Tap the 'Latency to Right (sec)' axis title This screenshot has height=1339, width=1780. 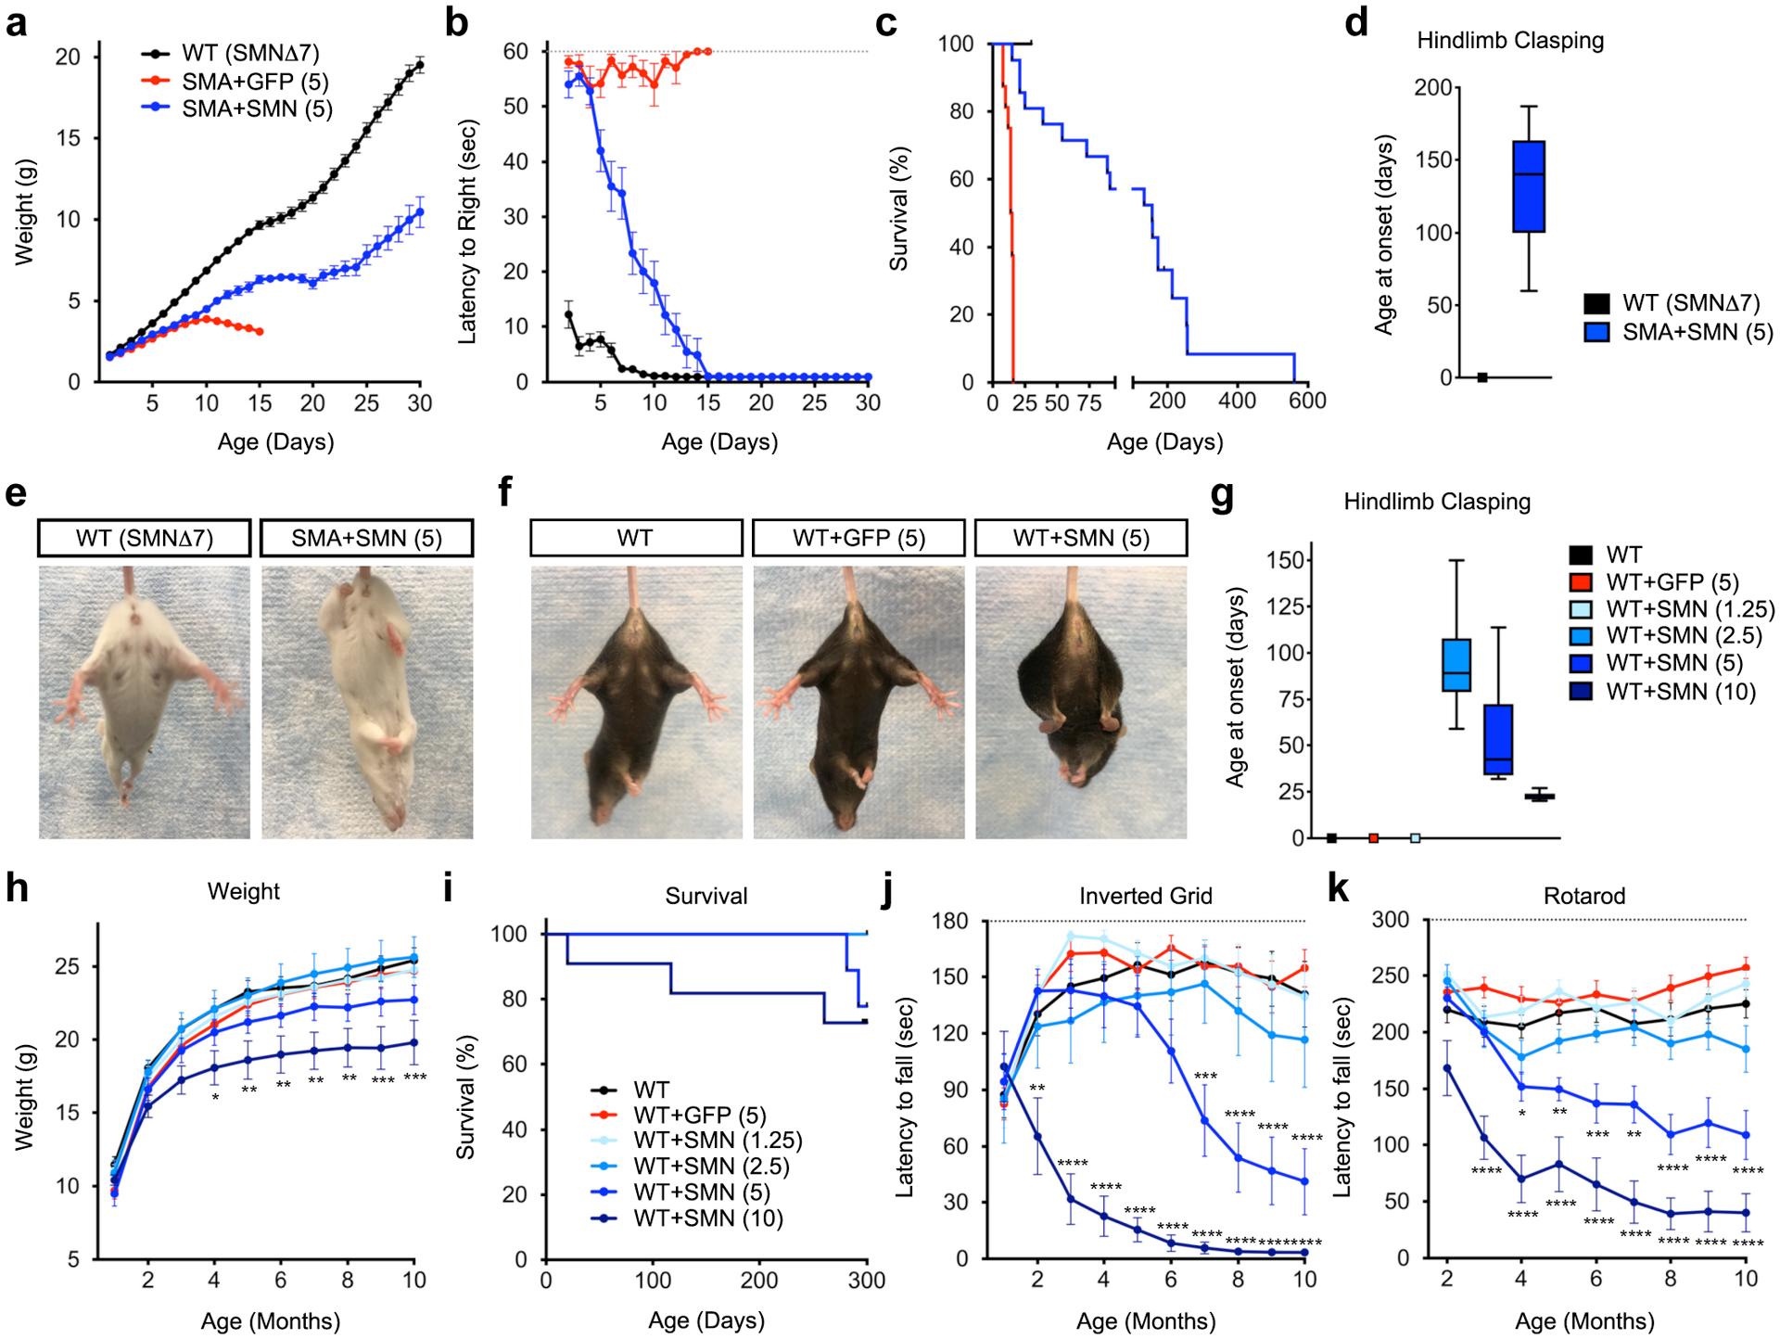pyautogui.click(x=468, y=232)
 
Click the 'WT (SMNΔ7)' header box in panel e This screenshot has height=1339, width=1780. pyautogui.click(x=145, y=538)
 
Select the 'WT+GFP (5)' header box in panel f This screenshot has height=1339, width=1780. pyautogui.click(x=858, y=538)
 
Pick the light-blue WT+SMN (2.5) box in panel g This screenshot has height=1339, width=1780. pyautogui.click(x=1457, y=665)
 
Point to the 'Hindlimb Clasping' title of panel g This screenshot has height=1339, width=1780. pyautogui.click(x=1437, y=502)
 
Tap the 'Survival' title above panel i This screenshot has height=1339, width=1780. pyautogui.click(x=706, y=896)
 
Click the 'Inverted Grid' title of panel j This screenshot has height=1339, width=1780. pyautogui.click(x=1146, y=896)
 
